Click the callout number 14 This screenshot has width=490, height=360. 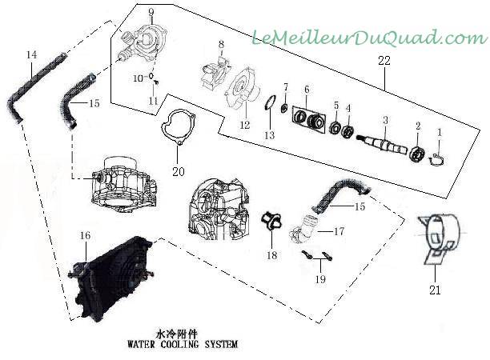(32, 54)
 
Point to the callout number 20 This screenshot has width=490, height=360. (178, 170)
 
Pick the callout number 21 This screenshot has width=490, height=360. (435, 291)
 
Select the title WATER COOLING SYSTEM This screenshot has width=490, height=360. (182, 346)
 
